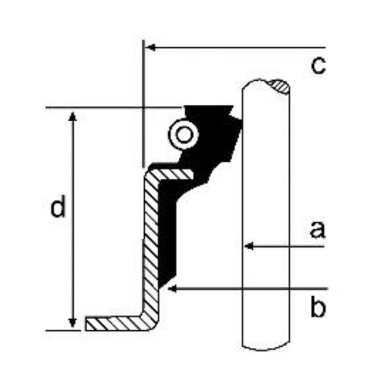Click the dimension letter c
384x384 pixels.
[318, 65]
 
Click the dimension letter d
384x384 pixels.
[58, 206]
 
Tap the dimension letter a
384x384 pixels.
[318, 229]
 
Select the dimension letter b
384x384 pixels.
[318, 306]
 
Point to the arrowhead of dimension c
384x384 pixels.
[150, 48]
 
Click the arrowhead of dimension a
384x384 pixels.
[249, 246]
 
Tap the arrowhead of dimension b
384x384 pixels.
[172, 289]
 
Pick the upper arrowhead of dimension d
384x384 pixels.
[72, 116]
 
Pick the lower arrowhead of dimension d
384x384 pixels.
[72, 323]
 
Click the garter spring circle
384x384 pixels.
[183, 134]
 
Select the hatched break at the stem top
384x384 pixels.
[280, 86]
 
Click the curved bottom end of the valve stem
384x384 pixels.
[266, 346]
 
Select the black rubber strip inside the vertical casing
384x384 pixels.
[167, 233]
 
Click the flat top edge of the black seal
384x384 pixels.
[208, 106]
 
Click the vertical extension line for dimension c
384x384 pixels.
[144, 104]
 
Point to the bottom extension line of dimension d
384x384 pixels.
[63, 330]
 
